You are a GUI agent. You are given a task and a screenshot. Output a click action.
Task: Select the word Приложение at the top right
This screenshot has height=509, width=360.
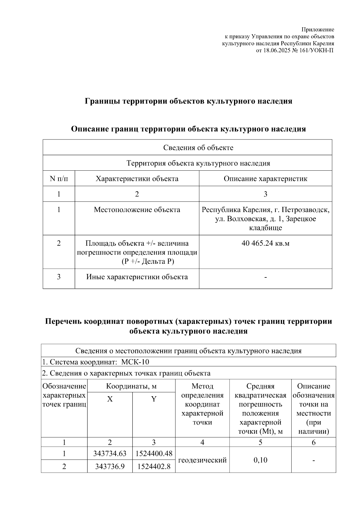pyautogui.click(x=318, y=30)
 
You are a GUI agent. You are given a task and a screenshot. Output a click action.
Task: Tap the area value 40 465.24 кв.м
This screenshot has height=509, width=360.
pyautogui.click(x=265, y=243)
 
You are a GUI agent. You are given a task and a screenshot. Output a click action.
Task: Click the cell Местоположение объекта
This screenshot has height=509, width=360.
pyautogui.click(x=137, y=210)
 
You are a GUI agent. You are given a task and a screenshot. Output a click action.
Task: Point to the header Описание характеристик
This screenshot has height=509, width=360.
pyautogui.click(x=265, y=179)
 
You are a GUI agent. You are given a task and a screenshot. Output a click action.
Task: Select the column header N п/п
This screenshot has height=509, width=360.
pyautogui.click(x=59, y=179)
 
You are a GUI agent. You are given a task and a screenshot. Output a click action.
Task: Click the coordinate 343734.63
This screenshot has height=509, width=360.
pyautogui.click(x=110, y=453)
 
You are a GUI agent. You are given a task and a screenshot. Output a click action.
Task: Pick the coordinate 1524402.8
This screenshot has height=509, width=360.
pyautogui.click(x=154, y=466)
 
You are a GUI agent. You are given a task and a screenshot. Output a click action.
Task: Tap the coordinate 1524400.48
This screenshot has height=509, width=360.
pyautogui.click(x=154, y=453)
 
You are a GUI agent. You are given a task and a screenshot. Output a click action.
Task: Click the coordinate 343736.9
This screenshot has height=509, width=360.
pyautogui.click(x=110, y=466)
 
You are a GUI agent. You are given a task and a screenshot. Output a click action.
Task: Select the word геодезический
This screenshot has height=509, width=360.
pyautogui.click(x=202, y=460)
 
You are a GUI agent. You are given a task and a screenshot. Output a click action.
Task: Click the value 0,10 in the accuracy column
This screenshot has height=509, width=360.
pyautogui.click(x=260, y=460)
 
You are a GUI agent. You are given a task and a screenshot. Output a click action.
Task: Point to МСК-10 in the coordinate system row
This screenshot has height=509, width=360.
pyautogui.click(x=135, y=362)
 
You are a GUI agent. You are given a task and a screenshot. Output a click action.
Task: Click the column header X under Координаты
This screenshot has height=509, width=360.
pyautogui.click(x=110, y=399)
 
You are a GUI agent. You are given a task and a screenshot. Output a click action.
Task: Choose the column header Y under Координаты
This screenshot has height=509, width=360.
pyautogui.click(x=154, y=399)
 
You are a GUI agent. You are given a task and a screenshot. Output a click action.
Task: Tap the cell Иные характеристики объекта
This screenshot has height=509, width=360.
pyautogui.click(x=137, y=277)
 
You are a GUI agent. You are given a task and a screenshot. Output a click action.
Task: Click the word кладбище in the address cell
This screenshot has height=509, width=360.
pyautogui.click(x=265, y=228)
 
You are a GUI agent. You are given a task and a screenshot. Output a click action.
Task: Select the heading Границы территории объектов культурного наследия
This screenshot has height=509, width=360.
pyautogui.click(x=188, y=101)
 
